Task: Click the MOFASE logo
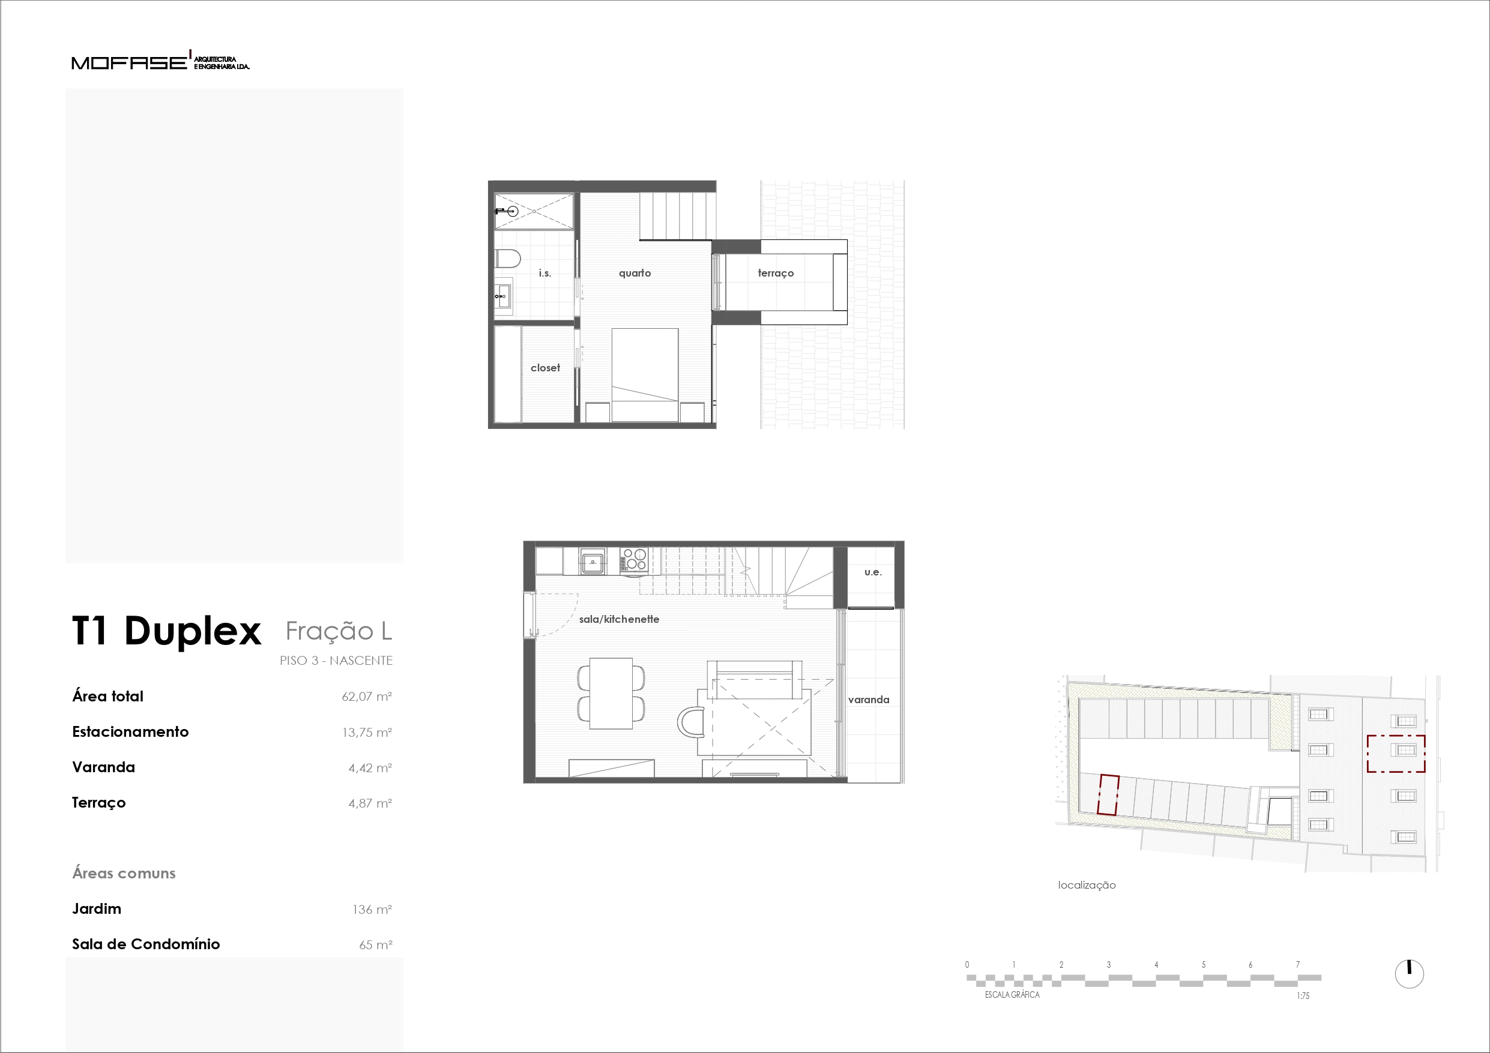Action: click(160, 61)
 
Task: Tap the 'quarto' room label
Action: click(635, 273)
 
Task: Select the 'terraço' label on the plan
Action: click(776, 273)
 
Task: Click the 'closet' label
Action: click(545, 368)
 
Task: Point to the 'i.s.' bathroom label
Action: click(544, 273)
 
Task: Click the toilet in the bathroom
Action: click(507, 259)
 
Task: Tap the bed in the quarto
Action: click(645, 375)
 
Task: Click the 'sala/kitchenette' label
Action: click(619, 620)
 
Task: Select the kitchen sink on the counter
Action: click(593, 562)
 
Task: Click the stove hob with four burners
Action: click(634, 560)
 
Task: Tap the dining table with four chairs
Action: click(611, 694)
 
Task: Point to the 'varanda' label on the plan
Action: click(868, 700)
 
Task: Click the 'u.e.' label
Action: click(873, 572)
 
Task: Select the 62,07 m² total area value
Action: click(367, 697)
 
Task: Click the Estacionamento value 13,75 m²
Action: click(367, 733)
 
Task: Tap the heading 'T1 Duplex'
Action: click(167, 631)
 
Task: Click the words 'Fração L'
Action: click(339, 631)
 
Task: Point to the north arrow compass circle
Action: click(1409, 974)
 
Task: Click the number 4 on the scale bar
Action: click(1156, 965)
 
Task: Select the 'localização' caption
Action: click(1087, 885)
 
